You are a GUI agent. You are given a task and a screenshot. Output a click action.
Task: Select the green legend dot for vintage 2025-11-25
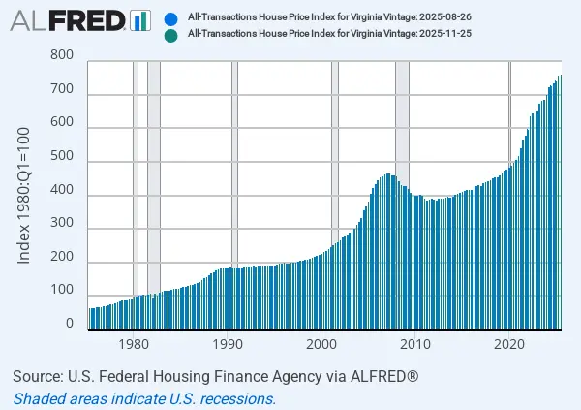(x=170, y=35)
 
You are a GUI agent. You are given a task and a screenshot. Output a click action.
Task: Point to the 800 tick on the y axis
(x=61, y=55)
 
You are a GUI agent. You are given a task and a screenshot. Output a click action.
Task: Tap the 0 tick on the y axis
(x=69, y=324)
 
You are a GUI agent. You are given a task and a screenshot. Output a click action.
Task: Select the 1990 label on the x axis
(x=228, y=345)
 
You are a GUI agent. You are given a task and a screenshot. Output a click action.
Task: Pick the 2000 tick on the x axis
(x=321, y=345)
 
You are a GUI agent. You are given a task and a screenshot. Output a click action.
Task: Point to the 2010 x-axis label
(x=415, y=345)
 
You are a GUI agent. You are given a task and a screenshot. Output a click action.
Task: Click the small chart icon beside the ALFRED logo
(x=140, y=19)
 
